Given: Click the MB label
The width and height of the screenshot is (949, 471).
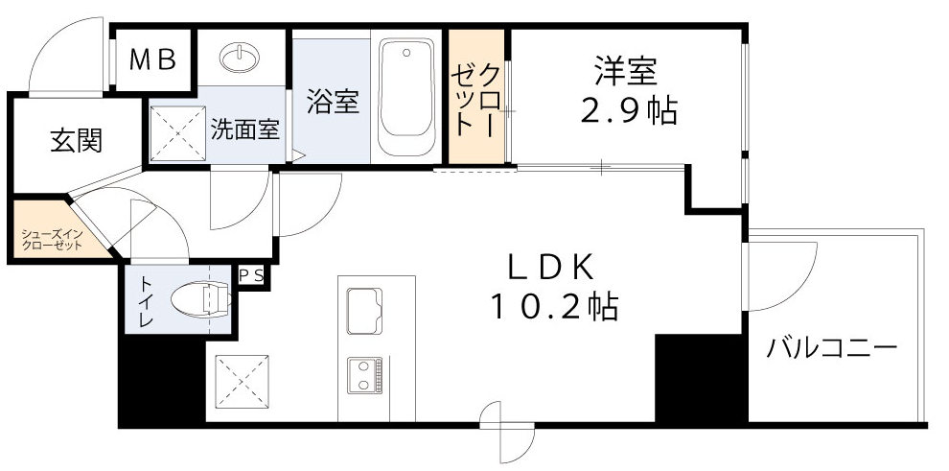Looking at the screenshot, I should point(153,60).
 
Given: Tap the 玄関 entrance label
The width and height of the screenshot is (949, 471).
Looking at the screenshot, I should point(76,141).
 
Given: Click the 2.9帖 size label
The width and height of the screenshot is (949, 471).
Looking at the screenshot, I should point(628,111).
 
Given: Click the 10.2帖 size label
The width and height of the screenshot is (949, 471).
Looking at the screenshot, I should point(553,306).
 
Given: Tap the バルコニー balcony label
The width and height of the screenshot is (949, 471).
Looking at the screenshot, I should point(830,347).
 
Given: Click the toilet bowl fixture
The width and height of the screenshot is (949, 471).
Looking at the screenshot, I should point(203,299).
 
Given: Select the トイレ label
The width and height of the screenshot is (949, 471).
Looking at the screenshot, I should point(146,303).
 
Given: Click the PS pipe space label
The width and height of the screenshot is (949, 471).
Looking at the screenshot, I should point(253,276).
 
